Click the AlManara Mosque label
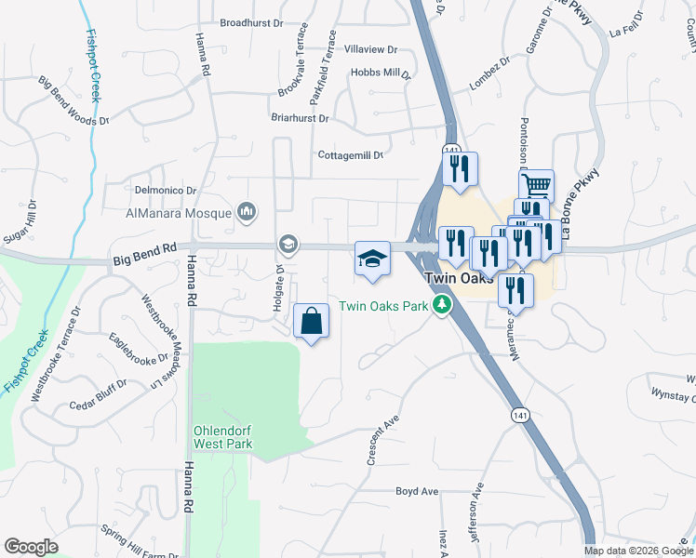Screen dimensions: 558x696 tap(179, 213)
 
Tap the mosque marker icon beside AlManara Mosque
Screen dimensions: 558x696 tap(247, 213)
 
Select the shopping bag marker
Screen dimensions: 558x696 tap(312, 322)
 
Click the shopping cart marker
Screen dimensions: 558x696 tap(536, 184)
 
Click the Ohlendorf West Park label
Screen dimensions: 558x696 tap(221, 438)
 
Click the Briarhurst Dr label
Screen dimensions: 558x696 tap(299, 119)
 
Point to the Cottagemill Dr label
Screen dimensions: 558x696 tap(351, 155)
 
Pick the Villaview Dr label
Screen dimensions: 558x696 tap(370, 49)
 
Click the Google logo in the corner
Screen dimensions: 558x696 tap(31, 546)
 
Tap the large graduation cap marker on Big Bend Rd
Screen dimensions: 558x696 tap(372, 259)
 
